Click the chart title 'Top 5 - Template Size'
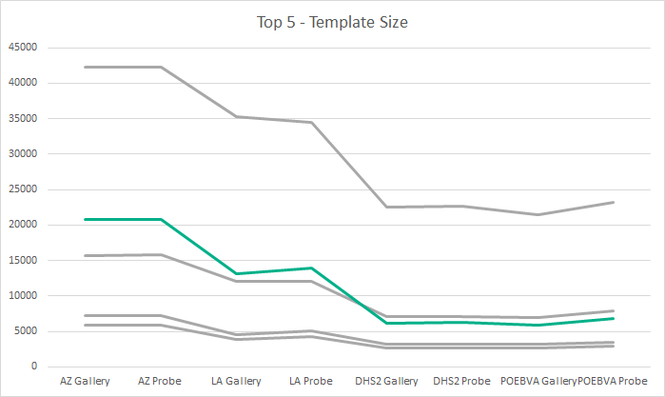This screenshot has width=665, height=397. point(332,22)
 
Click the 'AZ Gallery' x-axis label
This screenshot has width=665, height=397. point(85,381)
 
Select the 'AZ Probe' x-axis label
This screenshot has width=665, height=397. point(160,381)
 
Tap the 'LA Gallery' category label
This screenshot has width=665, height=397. point(235,381)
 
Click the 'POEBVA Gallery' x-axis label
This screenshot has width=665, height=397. point(538,381)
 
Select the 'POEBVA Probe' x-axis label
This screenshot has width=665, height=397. point(615,381)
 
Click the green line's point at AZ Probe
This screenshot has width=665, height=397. point(160,219)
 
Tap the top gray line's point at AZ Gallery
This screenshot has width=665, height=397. point(85,67)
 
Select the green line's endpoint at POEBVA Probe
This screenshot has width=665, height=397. point(614,318)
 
